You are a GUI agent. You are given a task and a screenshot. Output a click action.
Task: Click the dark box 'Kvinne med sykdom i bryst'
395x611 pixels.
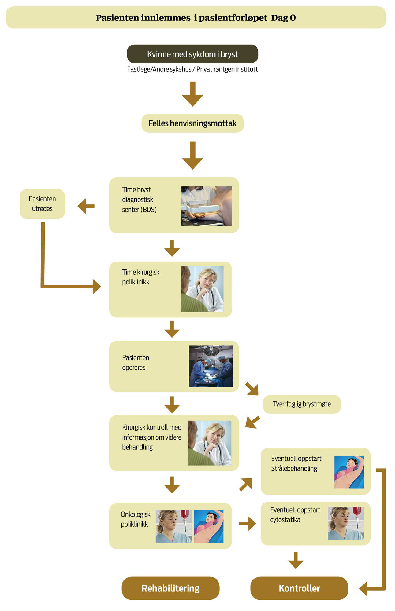pyautogui.click(x=192, y=54)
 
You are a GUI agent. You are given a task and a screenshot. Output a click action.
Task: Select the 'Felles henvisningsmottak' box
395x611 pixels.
pyautogui.click(x=192, y=123)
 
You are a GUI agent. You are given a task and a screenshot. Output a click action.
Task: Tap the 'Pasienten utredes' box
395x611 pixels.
pyautogui.click(x=42, y=204)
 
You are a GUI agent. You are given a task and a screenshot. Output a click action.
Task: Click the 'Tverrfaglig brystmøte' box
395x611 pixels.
pyautogui.click(x=302, y=404)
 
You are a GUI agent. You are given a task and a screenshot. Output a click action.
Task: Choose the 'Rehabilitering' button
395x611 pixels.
pyautogui.click(x=170, y=588)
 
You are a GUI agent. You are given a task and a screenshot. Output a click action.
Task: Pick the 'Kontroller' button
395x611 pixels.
pyautogui.click(x=299, y=588)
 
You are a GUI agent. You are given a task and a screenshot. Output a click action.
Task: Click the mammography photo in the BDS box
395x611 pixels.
pyautogui.click(x=206, y=206)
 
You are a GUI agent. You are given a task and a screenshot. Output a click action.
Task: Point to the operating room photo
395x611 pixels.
pyautogui.click(x=211, y=366)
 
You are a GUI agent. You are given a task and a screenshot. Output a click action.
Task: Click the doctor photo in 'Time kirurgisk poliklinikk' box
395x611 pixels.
pyautogui.click(x=202, y=289)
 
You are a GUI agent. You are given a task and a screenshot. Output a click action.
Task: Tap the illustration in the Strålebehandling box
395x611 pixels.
pyautogui.click(x=349, y=472)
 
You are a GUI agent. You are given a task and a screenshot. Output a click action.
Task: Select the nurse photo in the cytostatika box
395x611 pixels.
pyautogui.click(x=345, y=523)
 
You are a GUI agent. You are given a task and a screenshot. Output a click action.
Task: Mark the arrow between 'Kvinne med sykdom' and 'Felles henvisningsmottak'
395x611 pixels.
pyautogui.click(x=192, y=94)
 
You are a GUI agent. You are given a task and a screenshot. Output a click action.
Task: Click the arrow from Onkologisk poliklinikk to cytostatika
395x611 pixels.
pyautogui.click(x=247, y=524)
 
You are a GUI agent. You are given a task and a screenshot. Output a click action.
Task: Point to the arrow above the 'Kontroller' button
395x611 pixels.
pyautogui.click(x=296, y=560)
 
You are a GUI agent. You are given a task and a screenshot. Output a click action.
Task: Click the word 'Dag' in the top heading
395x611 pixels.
pyautogui.click(x=279, y=18)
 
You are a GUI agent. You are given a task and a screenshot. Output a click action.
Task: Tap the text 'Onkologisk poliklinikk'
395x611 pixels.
pyautogui.click(x=135, y=519)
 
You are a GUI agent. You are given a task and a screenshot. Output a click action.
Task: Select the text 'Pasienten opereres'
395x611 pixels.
pyautogui.click(x=136, y=362)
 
